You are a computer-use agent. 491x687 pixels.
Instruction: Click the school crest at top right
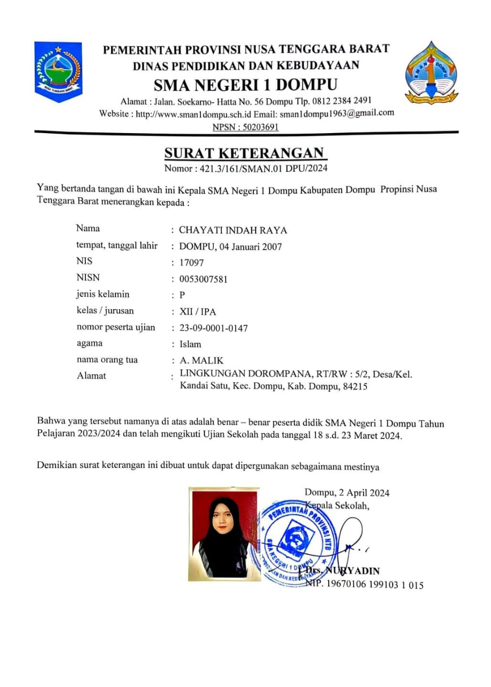(431, 72)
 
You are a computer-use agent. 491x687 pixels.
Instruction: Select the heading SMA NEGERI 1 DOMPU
(245, 85)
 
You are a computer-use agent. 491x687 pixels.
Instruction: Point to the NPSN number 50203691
(258, 127)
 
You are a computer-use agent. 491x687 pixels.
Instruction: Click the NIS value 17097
(192, 263)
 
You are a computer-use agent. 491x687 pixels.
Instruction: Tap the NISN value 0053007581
(204, 279)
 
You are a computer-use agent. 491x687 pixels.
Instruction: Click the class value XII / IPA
(198, 312)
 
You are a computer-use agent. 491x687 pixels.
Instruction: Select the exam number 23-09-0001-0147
(213, 328)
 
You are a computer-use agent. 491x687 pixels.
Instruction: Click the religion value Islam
(190, 344)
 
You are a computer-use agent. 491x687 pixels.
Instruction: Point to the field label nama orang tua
(107, 360)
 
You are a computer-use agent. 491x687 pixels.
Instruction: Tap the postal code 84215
(355, 386)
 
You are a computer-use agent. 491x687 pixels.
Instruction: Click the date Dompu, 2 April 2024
(346, 493)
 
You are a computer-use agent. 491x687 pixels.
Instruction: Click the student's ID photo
(223, 533)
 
